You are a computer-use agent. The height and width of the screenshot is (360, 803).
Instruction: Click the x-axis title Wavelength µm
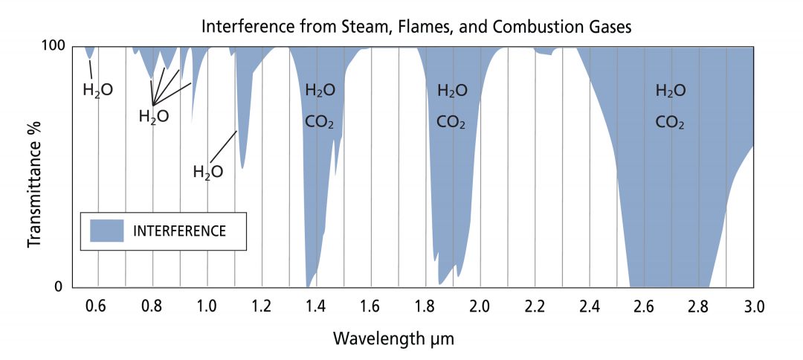coord(393,338)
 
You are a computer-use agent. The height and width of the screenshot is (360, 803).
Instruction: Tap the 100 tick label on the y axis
coord(59,46)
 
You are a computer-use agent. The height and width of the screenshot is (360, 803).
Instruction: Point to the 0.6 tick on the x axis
coord(98,306)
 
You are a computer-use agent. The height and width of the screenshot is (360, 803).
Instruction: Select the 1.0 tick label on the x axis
coord(207,306)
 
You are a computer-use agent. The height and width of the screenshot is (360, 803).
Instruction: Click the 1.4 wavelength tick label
coord(317,306)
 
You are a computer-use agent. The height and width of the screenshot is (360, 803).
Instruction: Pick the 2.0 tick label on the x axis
coord(480,306)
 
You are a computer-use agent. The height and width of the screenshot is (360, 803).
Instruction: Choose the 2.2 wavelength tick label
coord(535,306)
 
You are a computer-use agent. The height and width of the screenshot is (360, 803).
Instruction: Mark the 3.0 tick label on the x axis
coord(753,306)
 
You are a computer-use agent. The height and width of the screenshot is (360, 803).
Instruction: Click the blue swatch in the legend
coord(107,231)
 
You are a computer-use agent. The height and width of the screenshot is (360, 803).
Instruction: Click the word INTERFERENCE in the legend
coord(179,231)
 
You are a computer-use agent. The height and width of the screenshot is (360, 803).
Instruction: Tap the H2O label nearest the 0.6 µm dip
coord(97,91)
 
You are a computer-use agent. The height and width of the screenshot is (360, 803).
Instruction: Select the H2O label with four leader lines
coord(153,117)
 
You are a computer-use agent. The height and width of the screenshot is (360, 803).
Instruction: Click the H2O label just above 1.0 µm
coord(207,172)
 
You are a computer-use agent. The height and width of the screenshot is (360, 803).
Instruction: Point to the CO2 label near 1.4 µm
coord(320,122)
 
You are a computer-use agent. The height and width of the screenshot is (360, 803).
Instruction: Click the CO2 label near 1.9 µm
coord(451,122)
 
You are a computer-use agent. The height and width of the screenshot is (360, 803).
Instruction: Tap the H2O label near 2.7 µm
coord(670,91)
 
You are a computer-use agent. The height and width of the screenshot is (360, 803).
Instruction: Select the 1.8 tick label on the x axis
coord(426,306)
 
